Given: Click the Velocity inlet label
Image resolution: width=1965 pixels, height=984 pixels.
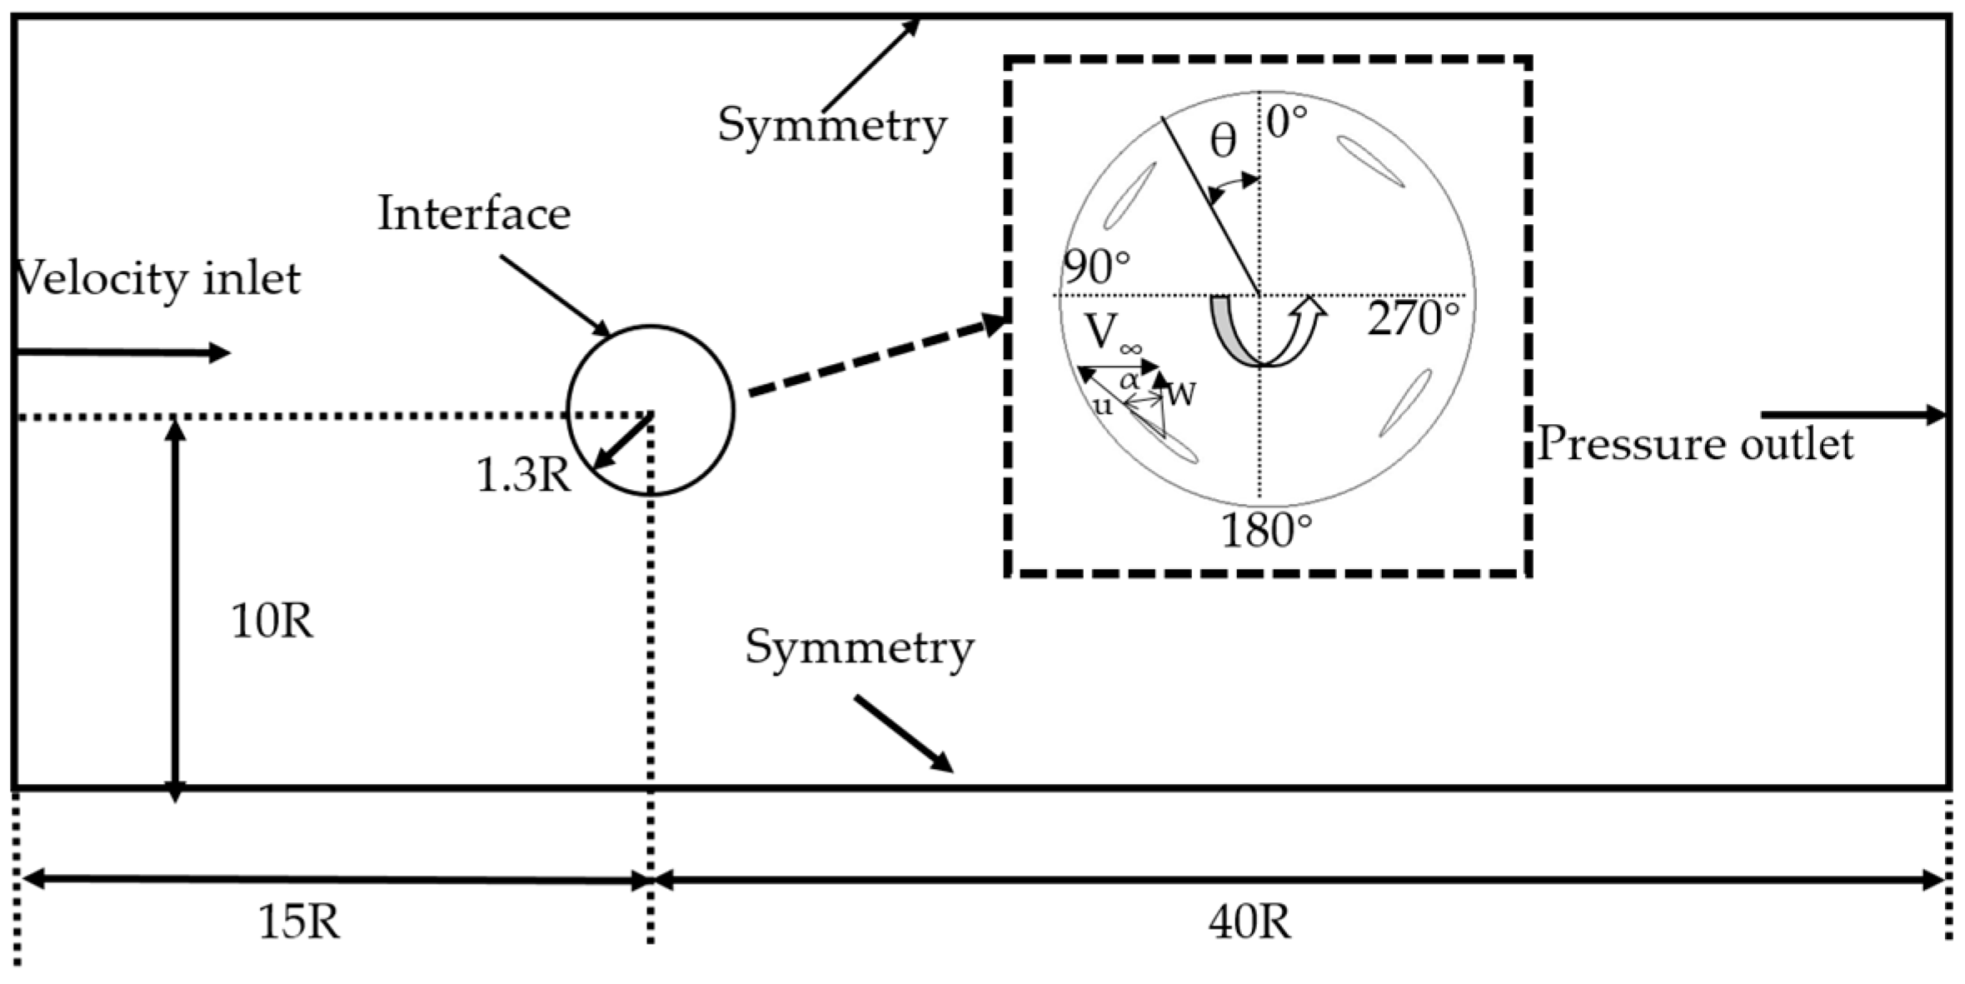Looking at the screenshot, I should pos(158,279).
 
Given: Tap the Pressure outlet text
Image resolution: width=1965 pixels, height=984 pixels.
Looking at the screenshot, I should pos(1695,444).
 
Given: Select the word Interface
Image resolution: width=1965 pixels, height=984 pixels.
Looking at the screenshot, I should pos(474,214).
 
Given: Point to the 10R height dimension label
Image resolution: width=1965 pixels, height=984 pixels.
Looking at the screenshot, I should pos(272,622).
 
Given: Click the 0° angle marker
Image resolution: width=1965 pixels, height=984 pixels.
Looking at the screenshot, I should pos(1287,122).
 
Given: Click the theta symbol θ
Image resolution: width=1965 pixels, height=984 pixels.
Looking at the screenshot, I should pos(1223,142).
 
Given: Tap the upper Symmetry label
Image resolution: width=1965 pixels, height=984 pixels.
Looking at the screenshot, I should pos(831,127).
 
